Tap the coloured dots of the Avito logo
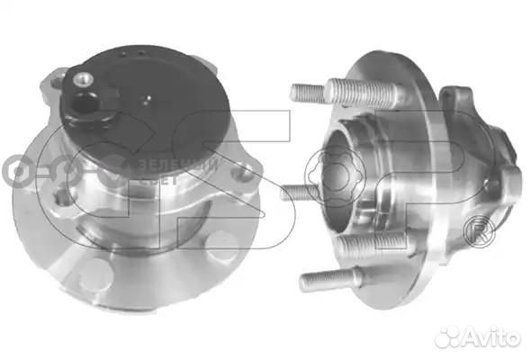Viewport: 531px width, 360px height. tap(446, 337)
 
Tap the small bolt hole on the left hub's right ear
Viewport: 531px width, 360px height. tap(242, 170)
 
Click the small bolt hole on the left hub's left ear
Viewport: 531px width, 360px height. tap(57, 83)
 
